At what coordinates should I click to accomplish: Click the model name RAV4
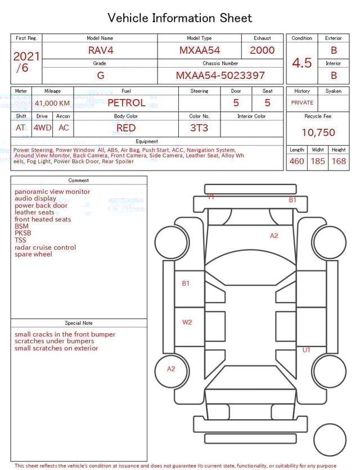(100, 50)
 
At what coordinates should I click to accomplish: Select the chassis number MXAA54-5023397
(220, 75)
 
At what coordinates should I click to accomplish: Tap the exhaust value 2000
(262, 50)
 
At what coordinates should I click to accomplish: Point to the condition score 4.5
(301, 63)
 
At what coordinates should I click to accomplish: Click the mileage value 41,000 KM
(52, 104)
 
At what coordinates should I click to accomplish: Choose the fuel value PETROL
(126, 102)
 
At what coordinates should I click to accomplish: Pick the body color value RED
(126, 128)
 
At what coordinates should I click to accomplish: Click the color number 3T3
(199, 128)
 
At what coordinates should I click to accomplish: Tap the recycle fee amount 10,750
(318, 133)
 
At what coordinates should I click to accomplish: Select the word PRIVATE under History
(302, 103)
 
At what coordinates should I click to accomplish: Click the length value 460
(296, 162)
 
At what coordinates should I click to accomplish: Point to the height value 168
(339, 162)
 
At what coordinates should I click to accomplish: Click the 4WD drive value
(42, 128)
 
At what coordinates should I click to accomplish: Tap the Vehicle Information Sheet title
(180, 18)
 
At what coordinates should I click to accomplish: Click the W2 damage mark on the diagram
(187, 323)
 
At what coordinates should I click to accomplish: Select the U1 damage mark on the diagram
(307, 350)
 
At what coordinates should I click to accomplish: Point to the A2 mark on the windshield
(274, 236)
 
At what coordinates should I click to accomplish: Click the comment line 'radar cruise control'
(45, 248)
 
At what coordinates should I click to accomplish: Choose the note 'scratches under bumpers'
(55, 341)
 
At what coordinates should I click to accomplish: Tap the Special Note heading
(79, 323)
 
